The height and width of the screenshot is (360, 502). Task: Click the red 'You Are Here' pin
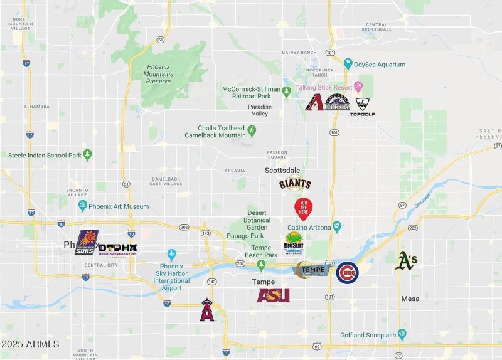tap(303, 207)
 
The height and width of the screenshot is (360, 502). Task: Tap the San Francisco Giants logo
tap(295, 184)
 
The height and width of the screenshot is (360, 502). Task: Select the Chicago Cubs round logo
tap(347, 273)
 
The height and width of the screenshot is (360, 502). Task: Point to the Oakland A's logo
tap(406, 261)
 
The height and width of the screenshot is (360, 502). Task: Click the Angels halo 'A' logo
tap(207, 310)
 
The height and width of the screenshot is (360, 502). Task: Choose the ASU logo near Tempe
tap(274, 295)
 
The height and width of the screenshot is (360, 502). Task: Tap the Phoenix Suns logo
tap(87, 242)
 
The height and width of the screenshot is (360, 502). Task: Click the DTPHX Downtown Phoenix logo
tap(118, 248)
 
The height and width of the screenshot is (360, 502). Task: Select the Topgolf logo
tap(363, 107)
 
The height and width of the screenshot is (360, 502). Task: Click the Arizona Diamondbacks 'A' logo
tap(314, 103)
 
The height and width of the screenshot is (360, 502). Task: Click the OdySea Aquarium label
tap(380, 64)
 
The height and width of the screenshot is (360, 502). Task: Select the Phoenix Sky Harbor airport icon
tap(171, 254)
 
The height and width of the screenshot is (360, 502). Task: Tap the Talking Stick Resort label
tap(324, 87)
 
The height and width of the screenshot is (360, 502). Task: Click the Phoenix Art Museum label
tap(118, 206)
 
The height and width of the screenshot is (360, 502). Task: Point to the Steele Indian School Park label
tap(45, 155)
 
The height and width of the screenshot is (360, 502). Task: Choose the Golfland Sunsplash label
tap(368, 334)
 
